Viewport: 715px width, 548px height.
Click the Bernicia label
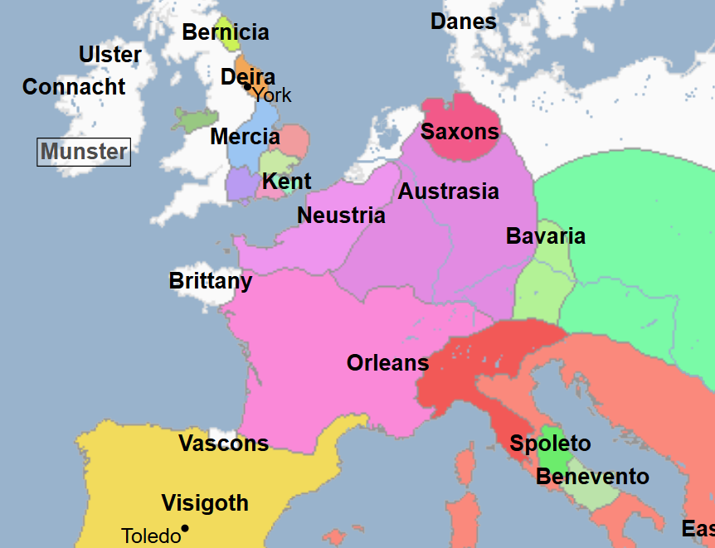226,32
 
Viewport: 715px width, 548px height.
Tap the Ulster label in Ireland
109,55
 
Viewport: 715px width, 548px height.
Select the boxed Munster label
84,152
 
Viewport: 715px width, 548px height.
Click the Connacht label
74,87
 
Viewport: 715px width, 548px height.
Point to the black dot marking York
247,86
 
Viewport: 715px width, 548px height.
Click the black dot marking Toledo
185,528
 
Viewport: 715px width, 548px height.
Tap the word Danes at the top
463,22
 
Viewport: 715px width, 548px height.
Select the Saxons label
460,132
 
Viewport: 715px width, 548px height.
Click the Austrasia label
449,192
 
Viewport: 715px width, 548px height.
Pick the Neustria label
341,216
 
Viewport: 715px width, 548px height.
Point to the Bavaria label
546,236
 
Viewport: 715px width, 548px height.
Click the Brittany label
210,281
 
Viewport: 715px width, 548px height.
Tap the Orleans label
387,363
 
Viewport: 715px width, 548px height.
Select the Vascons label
223,444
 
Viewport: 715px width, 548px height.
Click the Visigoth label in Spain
205,503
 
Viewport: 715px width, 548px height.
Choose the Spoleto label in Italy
550,444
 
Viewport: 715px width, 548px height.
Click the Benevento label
592,477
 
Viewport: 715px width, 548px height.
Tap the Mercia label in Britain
245,137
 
